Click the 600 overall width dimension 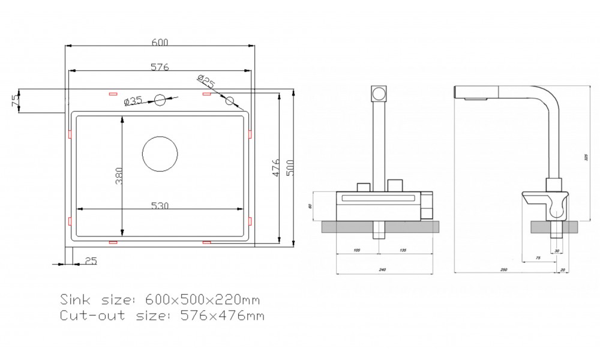(159, 42)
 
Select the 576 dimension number (158, 67)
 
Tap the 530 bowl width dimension (160, 205)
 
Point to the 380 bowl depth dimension (119, 176)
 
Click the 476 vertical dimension (275, 169)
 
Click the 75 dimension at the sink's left (15, 101)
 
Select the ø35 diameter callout (133, 101)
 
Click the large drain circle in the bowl (160, 154)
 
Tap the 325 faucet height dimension (586, 158)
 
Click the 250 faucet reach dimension (504, 271)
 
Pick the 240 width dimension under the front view (382, 271)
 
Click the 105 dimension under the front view (356, 250)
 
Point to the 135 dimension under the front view (402, 250)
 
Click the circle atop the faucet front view (379, 94)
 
